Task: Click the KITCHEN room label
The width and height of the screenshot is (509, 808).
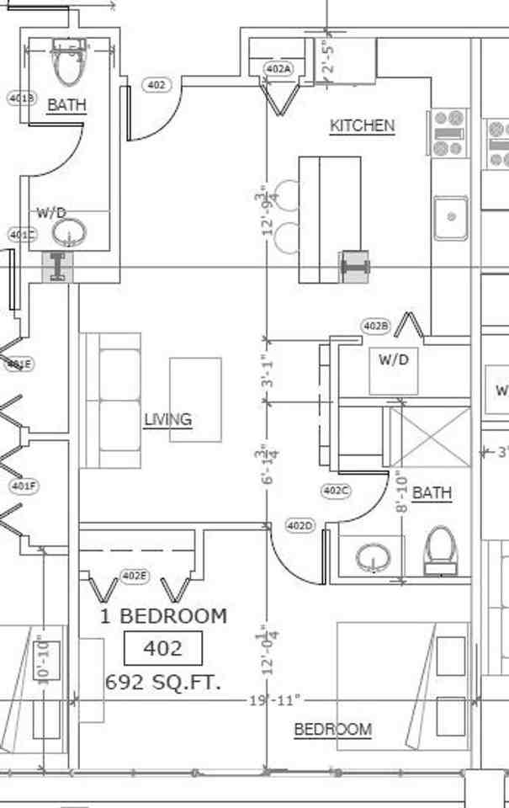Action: click(x=362, y=126)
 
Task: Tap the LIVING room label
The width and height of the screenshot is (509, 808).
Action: click(x=167, y=419)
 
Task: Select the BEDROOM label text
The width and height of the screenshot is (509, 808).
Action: click(x=332, y=730)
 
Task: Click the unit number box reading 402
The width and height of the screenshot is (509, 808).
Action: click(x=163, y=649)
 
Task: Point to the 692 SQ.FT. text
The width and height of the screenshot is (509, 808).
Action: click(x=164, y=683)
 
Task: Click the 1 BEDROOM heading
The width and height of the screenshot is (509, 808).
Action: click(x=163, y=616)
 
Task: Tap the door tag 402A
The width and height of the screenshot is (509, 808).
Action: click(x=278, y=69)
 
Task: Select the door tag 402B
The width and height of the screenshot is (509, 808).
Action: click(x=375, y=326)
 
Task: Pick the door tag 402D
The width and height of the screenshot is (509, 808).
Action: click(x=300, y=526)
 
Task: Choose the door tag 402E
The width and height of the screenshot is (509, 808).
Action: click(x=134, y=576)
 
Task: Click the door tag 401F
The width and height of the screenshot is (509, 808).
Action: click(x=24, y=486)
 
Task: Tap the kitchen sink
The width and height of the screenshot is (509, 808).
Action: click(x=451, y=218)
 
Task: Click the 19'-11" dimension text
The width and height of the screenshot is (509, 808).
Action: click(x=273, y=700)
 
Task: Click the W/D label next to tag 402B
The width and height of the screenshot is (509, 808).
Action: click(x=393, y=360)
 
